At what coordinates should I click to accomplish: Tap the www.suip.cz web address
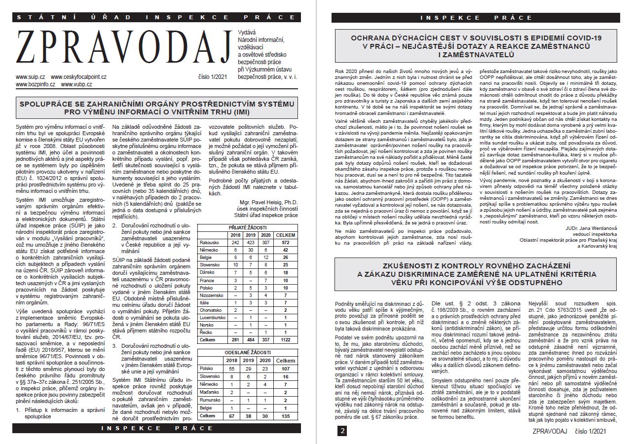click(30, 77)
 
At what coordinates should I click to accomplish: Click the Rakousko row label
click(209, 243)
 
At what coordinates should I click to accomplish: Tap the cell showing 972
click(285, 243)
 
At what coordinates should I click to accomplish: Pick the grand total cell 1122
click(285, 339)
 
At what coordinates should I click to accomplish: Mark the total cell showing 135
click(285, 416)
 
